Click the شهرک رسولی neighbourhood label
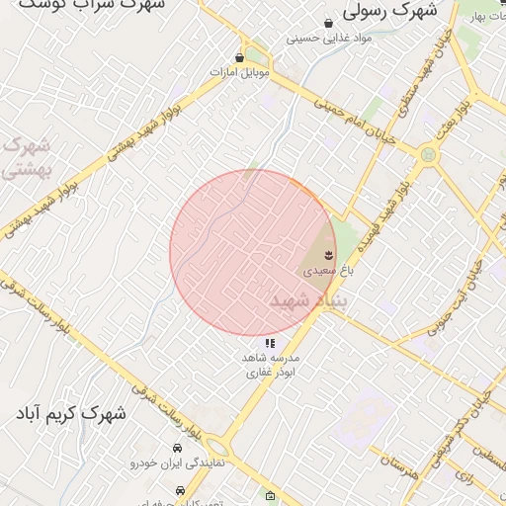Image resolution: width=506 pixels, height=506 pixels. pyautogui.click(x=389, y=12)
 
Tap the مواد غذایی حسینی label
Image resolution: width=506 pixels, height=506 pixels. pyautogui.click(x=328, y=39)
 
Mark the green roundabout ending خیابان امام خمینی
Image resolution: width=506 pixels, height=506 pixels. pyautogui.click(x=428, y=154)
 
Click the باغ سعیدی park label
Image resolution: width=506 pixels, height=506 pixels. pyautogui.click(x=320, y=268)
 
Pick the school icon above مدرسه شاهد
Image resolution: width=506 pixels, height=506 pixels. pyautogui.click(x=270, y=344)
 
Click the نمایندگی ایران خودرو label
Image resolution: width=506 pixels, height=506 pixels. pyautogui.click(x=180, y=462)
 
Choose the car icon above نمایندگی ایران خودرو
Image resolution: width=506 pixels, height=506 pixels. pyautogui.click(x=178, y=448)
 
